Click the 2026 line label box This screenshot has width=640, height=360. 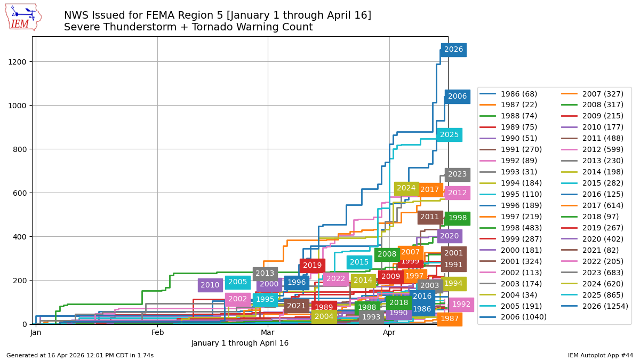(x=453, y=50)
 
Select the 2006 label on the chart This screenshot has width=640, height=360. (x=457, y=97)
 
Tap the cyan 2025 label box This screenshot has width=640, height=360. (x=449, y=135)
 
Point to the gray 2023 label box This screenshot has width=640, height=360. (x=457, y=174)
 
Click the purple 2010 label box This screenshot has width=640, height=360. (x=210, y=285)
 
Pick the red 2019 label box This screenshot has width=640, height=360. (x=312, y=265)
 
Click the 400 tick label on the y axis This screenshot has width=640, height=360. (x=22, y=237)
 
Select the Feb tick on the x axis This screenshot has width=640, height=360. (x=157, y=333)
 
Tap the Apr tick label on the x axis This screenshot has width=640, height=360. (x=389, y=333)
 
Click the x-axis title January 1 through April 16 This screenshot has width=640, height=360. (x=239, y=343)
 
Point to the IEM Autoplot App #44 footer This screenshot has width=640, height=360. (x=600, y=355)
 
